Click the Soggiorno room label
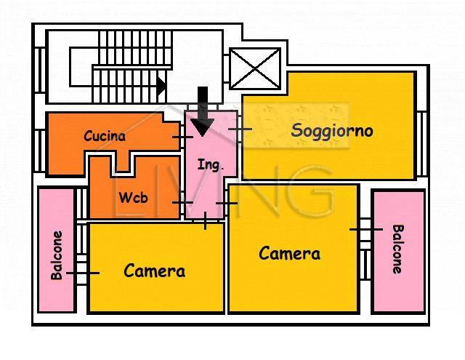tap(332, 131)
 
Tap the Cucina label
tap(105, 136)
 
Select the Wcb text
tap(132, 196)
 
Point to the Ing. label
tap(211, 165)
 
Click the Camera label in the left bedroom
tap(154, 271)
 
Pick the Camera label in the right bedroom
tap(290, 254)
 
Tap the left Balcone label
tap(57, 255)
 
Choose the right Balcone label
tap(397, 249)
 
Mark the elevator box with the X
tap(255, 68)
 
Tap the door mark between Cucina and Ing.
tap(182, 136)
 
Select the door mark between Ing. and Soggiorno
tap(239, 129)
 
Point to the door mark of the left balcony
tap(83, 273)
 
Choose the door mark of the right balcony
tap(365, 229)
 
